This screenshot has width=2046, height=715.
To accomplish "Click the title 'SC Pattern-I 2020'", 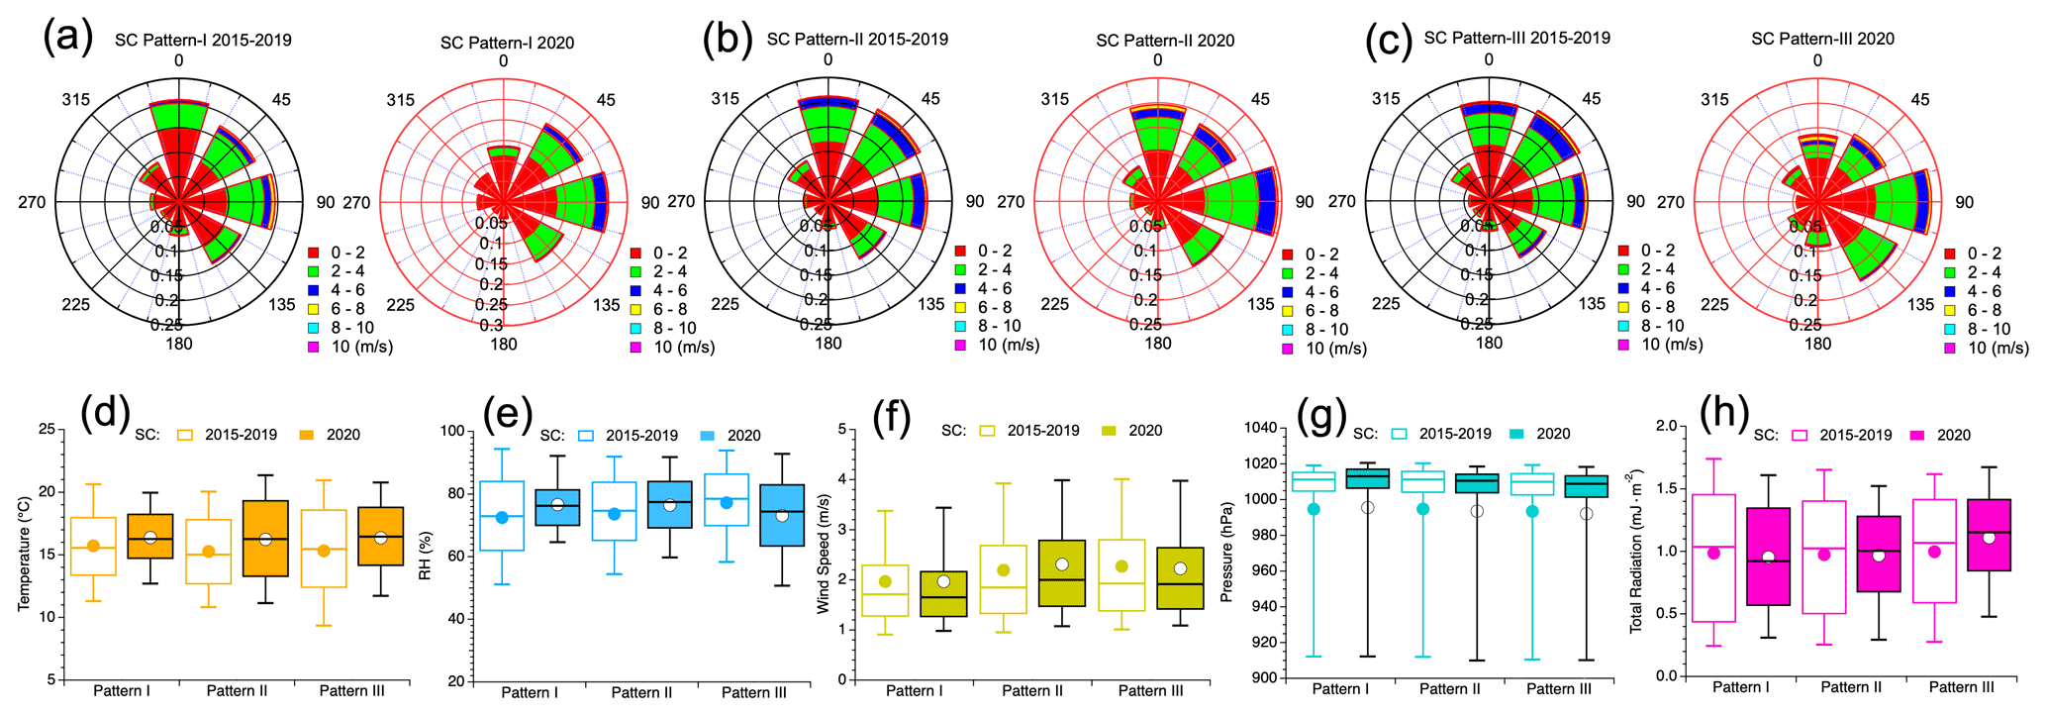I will pyautogui.click(x=507, y=43).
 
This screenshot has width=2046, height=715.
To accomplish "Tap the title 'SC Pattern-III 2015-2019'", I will pyautogui.click(x=1516, y=38).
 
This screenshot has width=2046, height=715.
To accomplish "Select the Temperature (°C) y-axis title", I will pyautogui.click(x=24, y=554).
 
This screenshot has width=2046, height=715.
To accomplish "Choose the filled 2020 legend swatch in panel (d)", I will pyautogui.click(x=307, y=435).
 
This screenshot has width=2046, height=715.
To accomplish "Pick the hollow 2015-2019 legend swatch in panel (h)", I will pyautogui.click(x=1801, y=435).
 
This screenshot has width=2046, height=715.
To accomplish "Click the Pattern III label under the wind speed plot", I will pyautogui.click(x=1150, y=691).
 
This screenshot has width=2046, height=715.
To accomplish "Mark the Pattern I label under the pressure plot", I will pyautogui.click(x=1340, y=689).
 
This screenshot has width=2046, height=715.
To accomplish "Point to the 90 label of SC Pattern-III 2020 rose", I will pyautogui.click(x=1964, y=202).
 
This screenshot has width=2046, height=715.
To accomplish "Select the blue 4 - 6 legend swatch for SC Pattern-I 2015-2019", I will pyautogui.click(x=314, y=290).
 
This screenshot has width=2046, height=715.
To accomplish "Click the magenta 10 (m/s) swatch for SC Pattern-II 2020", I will pyautogui.click(x=1288, y=349).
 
